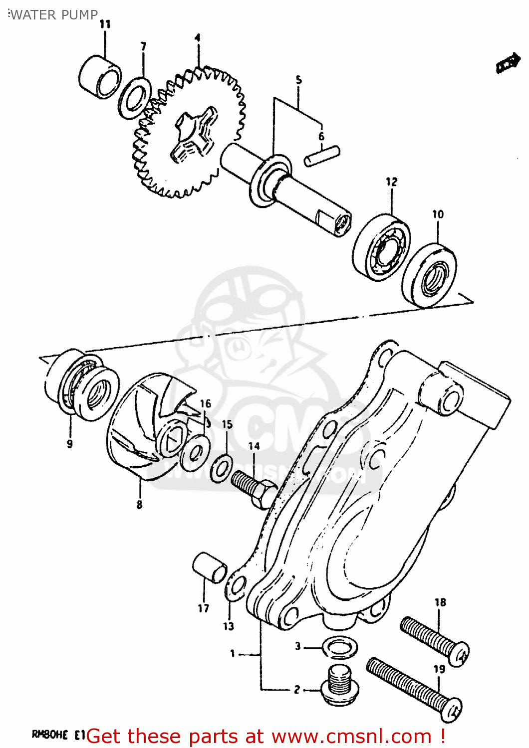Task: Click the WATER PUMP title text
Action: [x=54, y=15]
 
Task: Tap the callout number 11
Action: [x=105, y=24]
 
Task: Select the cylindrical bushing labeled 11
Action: [x=100, y=78]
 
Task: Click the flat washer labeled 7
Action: [x=135, y=98]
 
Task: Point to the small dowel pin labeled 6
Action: [x=322, y=155]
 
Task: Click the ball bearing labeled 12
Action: [x=382, y=246]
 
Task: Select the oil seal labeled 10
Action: [x=430, y=275]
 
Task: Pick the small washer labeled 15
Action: [x=221, y=468]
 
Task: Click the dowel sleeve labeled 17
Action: [x=210, y=567]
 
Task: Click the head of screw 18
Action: [x=459, y=654]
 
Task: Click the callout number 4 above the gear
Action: [x=198, y=38]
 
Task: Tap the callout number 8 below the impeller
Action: [x=139, y=505]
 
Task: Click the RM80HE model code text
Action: [x=50, y=734]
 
